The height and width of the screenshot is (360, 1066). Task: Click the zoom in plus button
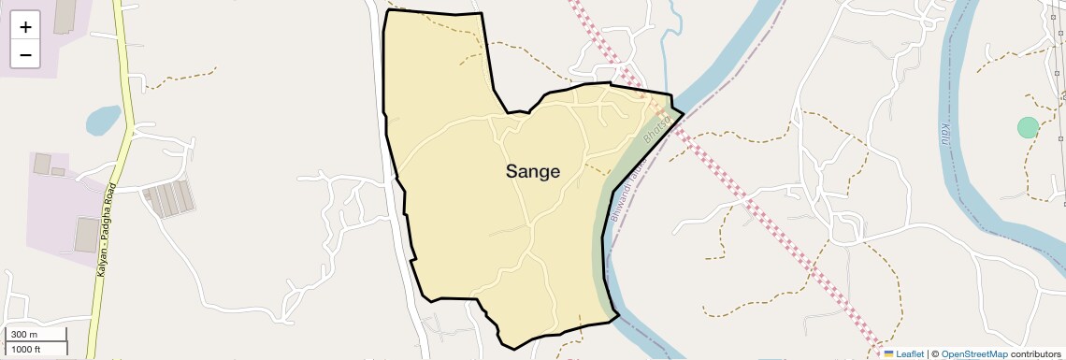click(25, 27)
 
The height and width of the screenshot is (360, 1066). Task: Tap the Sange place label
click(533, 172)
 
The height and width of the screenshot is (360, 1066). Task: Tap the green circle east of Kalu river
click(1028, 127)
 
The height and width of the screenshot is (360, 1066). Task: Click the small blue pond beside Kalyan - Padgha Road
click(103, 120)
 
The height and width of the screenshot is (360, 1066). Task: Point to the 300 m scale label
click(24, 335)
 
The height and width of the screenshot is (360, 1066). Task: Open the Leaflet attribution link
click(910, 354)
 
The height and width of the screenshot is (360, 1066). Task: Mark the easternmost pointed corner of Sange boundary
click(684, 113)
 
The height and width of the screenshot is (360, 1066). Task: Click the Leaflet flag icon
click(889, 354)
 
